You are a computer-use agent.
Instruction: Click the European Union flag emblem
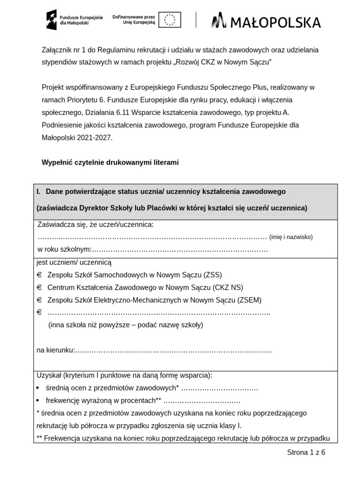click(169, 20)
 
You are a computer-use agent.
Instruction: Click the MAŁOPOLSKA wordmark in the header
click(266, 22)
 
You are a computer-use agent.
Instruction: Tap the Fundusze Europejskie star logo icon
click(52, 20)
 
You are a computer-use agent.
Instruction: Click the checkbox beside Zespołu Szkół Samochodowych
click(39, 275)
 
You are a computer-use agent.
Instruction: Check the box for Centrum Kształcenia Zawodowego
click(39, 287)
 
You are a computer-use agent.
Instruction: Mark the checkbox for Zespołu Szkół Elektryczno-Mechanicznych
click(39, 300)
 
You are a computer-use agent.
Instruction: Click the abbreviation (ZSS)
click(213, 275)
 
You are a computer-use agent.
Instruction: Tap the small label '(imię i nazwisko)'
click(291, 237)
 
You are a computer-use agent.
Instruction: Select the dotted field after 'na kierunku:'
click(173, 350)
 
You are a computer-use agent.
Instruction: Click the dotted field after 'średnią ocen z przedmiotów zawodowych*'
click(219, 388)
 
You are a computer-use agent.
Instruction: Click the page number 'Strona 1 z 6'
click(306, 452)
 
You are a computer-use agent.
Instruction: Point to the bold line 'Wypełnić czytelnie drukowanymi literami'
click(110, 163)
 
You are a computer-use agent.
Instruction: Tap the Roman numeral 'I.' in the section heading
click(39, 192)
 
